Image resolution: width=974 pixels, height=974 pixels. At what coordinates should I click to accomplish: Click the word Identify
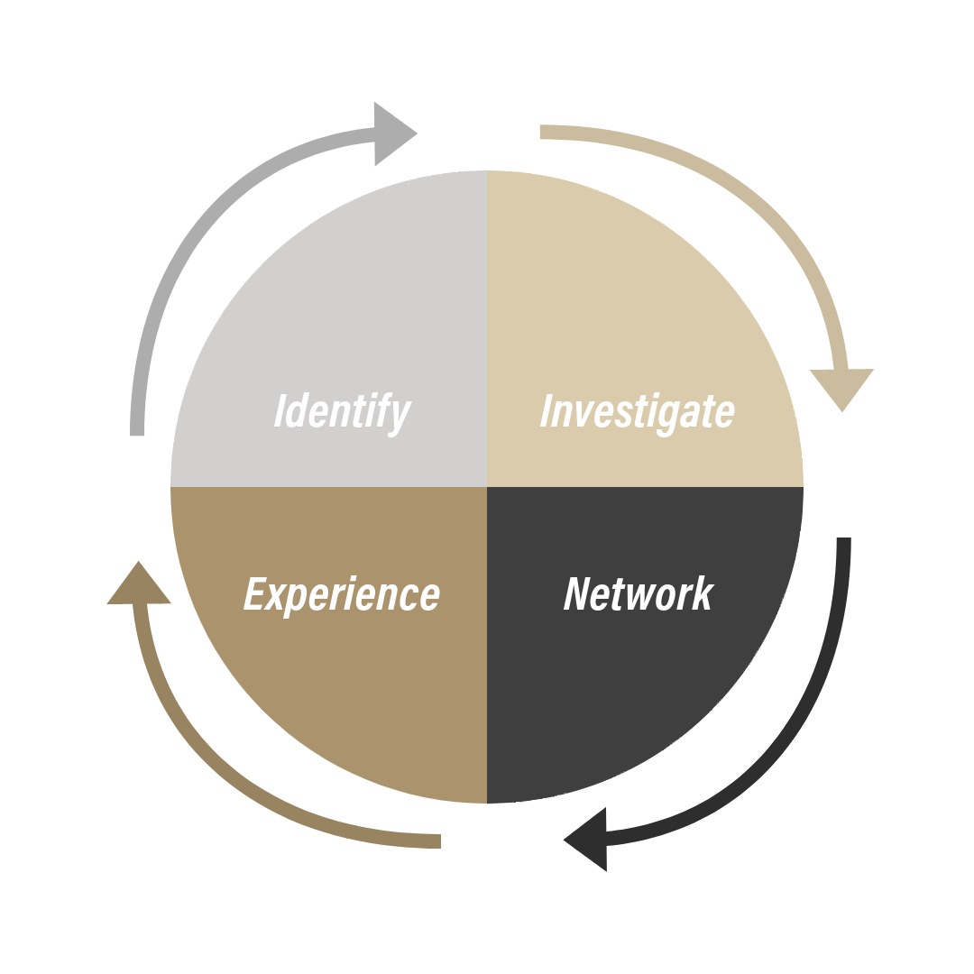point(342,411)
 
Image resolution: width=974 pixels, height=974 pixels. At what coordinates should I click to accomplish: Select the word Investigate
point(637,411)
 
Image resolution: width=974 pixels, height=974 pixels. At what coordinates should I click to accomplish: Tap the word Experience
point(342,595)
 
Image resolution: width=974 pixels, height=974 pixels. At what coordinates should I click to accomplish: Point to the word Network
point(638,593)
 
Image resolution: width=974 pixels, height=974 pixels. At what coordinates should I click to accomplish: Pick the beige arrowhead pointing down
point(841,386)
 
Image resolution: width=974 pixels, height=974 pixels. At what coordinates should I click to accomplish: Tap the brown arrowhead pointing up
point(139,585)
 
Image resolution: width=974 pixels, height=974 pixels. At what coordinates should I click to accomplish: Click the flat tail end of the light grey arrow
point(138,430)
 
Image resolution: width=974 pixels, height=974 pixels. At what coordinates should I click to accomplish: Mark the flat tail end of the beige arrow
point(544,133)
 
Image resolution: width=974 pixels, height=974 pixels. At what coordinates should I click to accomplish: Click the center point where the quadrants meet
point(487,487)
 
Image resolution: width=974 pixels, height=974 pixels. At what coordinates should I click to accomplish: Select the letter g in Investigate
point(674,417)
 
